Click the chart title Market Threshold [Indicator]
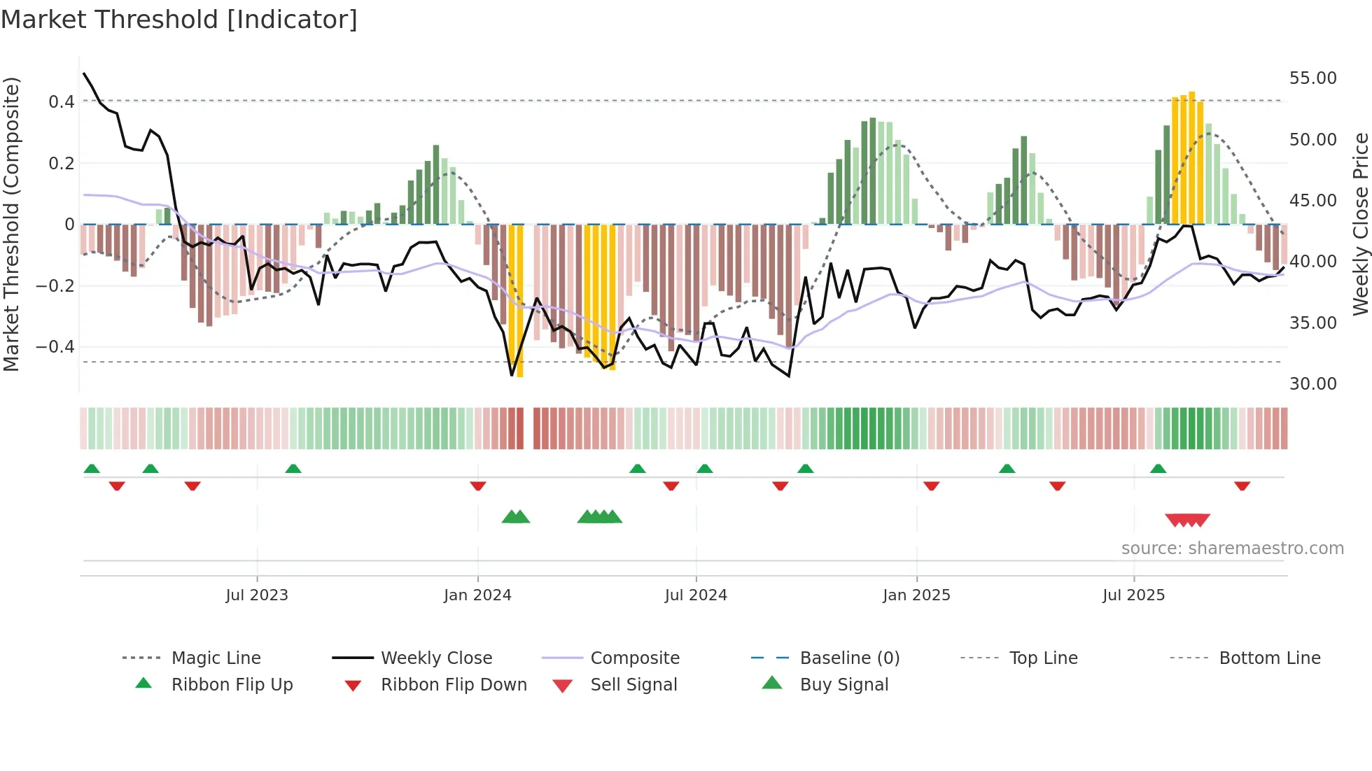[x=179, y=20]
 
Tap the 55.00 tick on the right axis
[x=1312, y=78]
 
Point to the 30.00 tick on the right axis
[x=1312, y=384]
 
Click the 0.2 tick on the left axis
[x=61, y=164]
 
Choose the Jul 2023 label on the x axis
[x=257, y=595]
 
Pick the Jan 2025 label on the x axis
[x=916, y=595]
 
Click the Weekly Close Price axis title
[x=1359, y=224]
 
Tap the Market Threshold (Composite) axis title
[x=11, y=224]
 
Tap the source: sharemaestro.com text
[x=1232, y=549]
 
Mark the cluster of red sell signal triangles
[x=1187, y=520]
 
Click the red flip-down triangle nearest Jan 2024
[x=478, y=486]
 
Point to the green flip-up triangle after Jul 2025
[x=1158, y=469]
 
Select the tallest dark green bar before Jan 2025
[x=872, y=171]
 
